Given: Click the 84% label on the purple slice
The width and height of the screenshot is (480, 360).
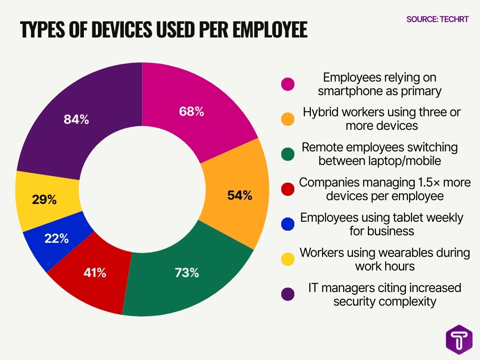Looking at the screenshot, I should tap(76, 120).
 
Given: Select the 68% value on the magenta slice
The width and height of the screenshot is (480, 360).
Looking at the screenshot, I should tap(192, 112).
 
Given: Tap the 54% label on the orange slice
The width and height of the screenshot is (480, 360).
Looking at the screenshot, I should tap(240, 195).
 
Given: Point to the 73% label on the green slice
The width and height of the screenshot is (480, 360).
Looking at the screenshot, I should tap(187, 272).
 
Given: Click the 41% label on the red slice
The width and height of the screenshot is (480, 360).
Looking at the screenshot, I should tap(94, 272).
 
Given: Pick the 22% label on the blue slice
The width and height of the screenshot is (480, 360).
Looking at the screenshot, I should tap(57, 238).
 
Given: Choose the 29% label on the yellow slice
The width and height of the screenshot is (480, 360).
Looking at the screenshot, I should tap(45, 200).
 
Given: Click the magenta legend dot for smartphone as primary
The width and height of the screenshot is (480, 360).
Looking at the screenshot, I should tap(288, 84).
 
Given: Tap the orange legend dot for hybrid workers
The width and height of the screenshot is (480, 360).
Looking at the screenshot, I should tap(288, 119).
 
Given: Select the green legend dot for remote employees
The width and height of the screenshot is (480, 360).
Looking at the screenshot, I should tap(288, 154).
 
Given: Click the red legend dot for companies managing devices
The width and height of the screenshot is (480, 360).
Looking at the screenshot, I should tap(288, 189).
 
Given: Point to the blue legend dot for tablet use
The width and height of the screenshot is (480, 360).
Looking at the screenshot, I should tap(288, 224).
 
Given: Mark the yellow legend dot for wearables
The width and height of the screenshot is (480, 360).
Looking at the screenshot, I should tap(288, 259).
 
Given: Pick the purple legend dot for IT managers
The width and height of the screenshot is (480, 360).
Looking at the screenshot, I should tap(288, 294).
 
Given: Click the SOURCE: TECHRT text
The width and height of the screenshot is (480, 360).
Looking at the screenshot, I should tap(438, 19).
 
